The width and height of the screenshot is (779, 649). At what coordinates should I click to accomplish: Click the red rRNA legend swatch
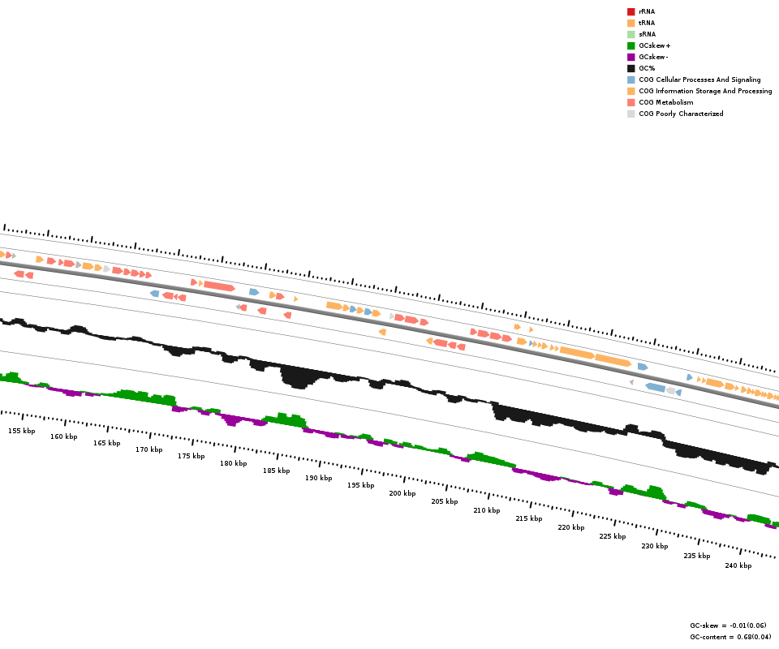tap(631, 11)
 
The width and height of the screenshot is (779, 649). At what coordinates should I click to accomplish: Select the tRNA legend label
tap(647, 23)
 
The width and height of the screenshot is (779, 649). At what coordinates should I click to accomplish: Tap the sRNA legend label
tap(647, 34)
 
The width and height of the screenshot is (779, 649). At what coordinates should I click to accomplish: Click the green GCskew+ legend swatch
tap(631, 45)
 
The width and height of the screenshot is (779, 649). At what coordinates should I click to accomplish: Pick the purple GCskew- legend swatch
tap(631, 57)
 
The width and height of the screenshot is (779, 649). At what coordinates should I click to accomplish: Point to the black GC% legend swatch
tap(631, 68)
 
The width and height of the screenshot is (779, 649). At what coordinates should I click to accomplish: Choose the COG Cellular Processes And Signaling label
tap(699, 80)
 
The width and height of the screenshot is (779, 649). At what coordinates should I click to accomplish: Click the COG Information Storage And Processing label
tap(705, 91)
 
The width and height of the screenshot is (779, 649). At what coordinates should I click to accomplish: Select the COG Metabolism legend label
tap(665, 102)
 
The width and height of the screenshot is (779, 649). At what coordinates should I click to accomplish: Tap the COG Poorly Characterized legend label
tap(681, 114)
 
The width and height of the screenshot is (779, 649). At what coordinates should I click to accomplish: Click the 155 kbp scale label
tap(22, 431)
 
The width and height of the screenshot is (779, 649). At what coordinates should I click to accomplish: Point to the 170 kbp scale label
tap(148, 449)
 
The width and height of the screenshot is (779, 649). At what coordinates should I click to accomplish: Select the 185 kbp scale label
tap(276, 471)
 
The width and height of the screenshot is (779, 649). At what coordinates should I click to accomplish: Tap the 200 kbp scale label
tap(402, 493)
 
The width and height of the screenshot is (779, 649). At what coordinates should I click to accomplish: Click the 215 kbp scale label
tap(528, 518)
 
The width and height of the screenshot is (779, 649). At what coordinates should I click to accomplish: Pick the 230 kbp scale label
tap(654, 546)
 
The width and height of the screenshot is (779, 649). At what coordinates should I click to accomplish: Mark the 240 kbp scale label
tap(738, 565)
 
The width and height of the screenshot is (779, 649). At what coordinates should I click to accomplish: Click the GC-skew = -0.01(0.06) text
tap(730, 625)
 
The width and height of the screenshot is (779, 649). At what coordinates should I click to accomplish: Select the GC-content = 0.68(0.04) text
tap(730, 637)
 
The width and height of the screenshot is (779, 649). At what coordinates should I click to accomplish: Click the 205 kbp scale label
tap(444, 501)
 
